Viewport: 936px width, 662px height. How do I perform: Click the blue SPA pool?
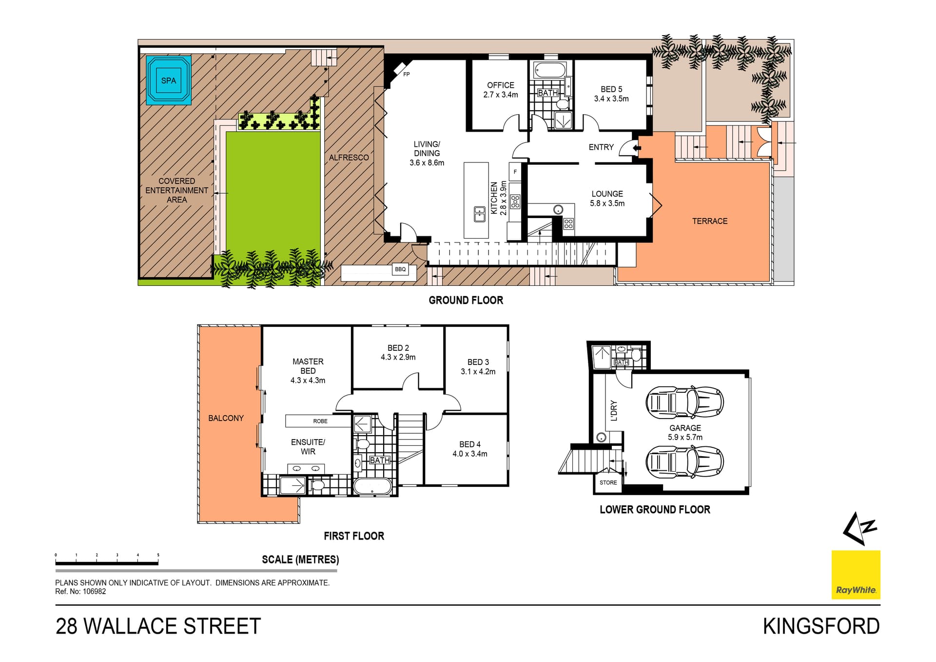pyautogui.click(x=169, y=80)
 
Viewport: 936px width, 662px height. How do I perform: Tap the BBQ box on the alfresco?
pyautogui.click(x=400, y=269)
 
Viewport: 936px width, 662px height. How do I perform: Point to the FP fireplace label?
pyautogui.click(x=407, y=75)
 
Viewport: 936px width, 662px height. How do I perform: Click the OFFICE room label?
pyautogui.click(x=501, y=85)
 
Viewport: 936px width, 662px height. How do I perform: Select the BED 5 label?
pyautogui.click(x=611, y=89)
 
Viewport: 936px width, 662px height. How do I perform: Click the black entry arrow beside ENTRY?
pyautogui.click(x=636, y=147)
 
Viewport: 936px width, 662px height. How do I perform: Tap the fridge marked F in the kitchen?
pyautogui.click(x=515, y=172)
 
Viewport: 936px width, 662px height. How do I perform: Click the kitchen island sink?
pyautogui.click(x=479, y=214)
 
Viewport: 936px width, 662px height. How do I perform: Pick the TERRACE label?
pyautogui.click(x=710, y=221)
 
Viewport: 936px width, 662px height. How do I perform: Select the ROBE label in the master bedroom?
pyautogui.click(x=320, y=421)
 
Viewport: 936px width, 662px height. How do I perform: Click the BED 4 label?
pyautogui.click(x=470, y=444)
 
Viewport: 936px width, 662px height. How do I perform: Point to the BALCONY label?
pyautogui.click(x=226, y=418)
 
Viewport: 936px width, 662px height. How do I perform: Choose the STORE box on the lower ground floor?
pyautogui.click(x=608, y=482)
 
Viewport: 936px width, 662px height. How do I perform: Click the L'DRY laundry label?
pyautogui.click(x=614, y=410)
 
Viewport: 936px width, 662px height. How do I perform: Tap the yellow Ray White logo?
pyautogui.click(x=856, y=575)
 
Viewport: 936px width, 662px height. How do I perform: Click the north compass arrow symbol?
pyautogui.click(x=859, y=528)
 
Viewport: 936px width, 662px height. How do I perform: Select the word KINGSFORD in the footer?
pyautogui.click(x=821, y=626)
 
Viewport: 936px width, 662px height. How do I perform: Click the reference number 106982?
pyautogui.click(x=94, y=591)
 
